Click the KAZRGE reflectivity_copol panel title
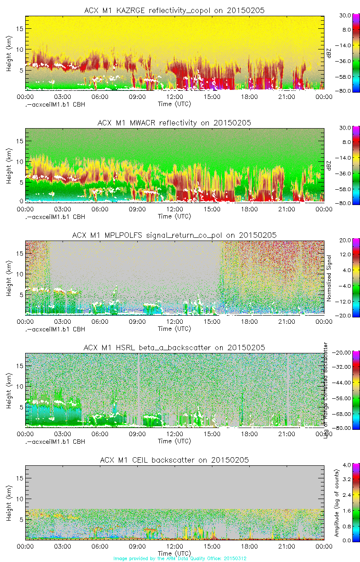tap(174, 10)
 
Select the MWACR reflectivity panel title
tap(174, 123)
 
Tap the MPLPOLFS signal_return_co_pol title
tap(174, 235)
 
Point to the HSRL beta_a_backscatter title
tap(174, 348)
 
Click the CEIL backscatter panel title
tap(174, 460)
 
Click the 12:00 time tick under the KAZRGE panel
tap(175, 97)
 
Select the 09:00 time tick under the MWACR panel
tap(137, 209)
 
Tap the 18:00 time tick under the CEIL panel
tap(249, 546)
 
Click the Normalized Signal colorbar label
tap(329, 278)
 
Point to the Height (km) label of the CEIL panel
tap(9, 503)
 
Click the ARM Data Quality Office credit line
tap(180, 558)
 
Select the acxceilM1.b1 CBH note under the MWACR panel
tap(54, 216)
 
